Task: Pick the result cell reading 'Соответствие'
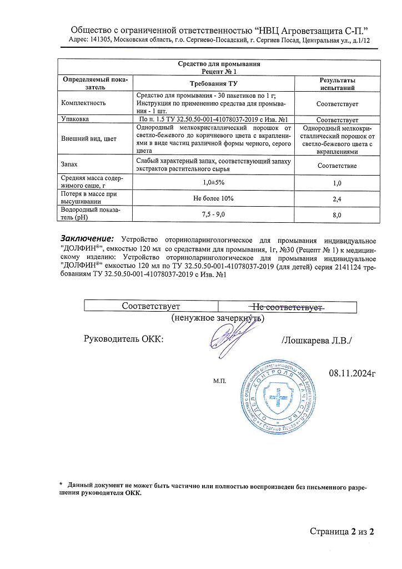[x=337, y=166]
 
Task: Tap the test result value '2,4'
[x=337, y=198]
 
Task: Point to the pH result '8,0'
[x=337, y=214]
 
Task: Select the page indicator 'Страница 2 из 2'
[x=342, y=532]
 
